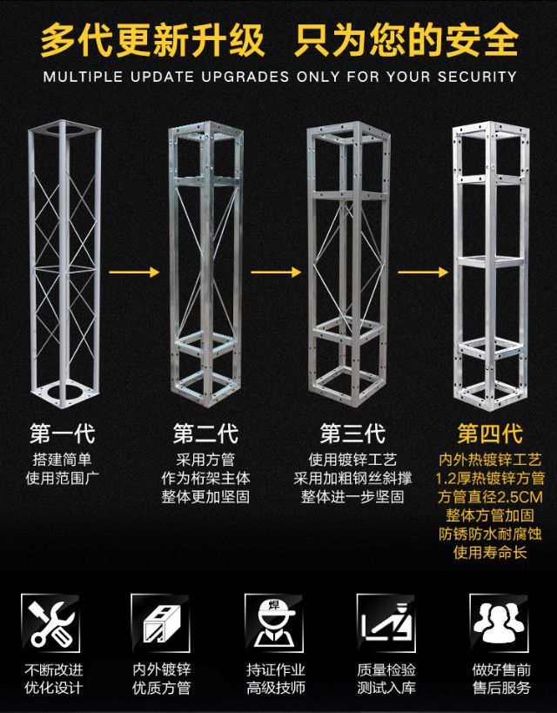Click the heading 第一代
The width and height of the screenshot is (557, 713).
62,434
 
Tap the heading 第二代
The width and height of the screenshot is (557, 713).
205,434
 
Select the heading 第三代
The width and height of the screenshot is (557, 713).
352,434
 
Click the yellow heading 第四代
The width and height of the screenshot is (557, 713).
490,434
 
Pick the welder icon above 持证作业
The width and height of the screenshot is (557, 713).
275,620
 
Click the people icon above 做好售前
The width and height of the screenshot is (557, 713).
499,620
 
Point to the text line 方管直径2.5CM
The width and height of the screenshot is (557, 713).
490,498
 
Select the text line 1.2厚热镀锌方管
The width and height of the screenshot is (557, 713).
490,479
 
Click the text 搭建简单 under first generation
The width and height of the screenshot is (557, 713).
62,459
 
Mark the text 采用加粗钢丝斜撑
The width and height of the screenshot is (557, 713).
352,478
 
